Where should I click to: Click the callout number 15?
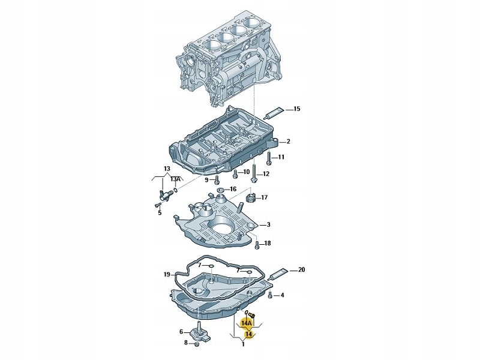[x=296, y=109]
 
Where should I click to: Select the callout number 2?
[x=288, y=142]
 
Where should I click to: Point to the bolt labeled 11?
[x=269, y=158]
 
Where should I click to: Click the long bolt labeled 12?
[x=254, y=173]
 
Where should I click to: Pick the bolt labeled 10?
[x=235, y=174]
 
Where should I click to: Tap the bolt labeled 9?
[x=217, y=179]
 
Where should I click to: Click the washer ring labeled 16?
[x=220, y=190]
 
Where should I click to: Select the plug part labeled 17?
[x=251, y=198]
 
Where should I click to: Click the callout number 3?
[x=268, y=224]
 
